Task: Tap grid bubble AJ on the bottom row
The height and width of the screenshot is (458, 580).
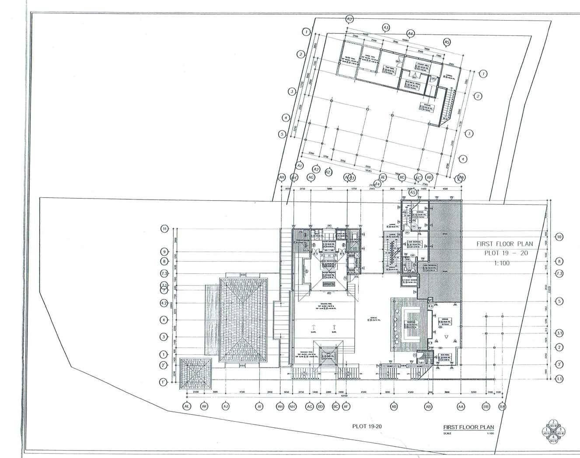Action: click(x=226, y=407)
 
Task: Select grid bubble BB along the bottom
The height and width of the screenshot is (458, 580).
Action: click(x=486, y=407)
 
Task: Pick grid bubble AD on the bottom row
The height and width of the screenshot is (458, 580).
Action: click(x=394, y=407)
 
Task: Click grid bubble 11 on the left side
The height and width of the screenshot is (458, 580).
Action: click(x=164, y=229)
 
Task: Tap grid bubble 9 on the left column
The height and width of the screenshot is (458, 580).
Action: click(x=164, y=252)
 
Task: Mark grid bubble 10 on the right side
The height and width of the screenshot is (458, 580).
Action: click(x=559, y=237)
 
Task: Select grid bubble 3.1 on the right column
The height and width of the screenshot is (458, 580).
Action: click(x=559, y=333)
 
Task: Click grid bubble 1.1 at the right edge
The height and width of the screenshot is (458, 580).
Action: click(x=559, y=379)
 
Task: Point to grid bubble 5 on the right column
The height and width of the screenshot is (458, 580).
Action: click(x=559, y=301)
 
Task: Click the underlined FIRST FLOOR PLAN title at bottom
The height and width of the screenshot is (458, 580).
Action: click(x=468, y=427)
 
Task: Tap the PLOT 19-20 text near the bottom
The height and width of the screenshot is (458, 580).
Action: click(x=367, y=426)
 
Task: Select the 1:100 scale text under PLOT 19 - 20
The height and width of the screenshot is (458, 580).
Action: click(x=501, y=263)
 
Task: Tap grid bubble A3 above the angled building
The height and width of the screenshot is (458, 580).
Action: click(x=386, y=28)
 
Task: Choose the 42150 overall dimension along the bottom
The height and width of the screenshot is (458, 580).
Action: click(x=344, y=396)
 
